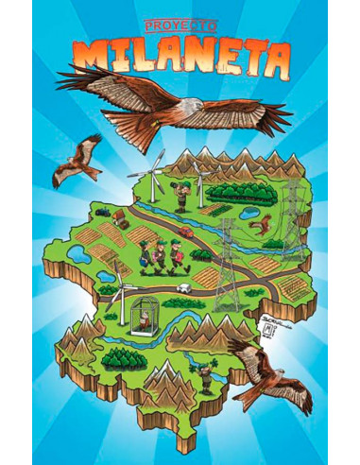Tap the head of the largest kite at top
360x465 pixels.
(189, 106)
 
